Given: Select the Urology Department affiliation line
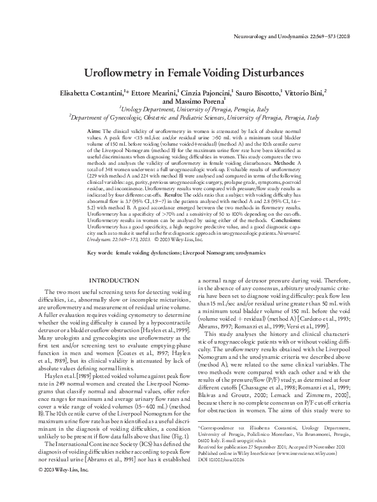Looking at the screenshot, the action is click(188, 109).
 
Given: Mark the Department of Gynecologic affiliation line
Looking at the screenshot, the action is click(188, 117).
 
